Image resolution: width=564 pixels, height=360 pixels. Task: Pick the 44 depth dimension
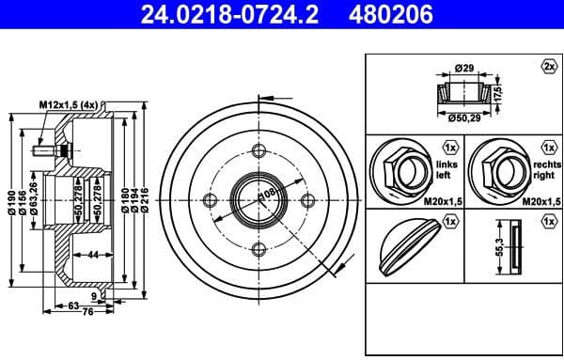93,256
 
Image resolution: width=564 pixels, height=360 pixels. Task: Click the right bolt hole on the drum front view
305,199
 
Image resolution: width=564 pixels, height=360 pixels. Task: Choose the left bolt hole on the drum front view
210,200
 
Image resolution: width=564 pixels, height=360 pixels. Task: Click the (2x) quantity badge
548,66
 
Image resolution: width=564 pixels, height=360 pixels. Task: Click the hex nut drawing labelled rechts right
497,170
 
